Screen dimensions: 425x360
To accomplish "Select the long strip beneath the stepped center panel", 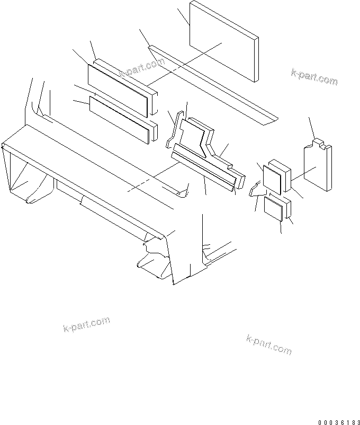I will click(x=204, y=167).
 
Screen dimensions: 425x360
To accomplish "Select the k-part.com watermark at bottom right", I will click(x=269, y=344).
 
